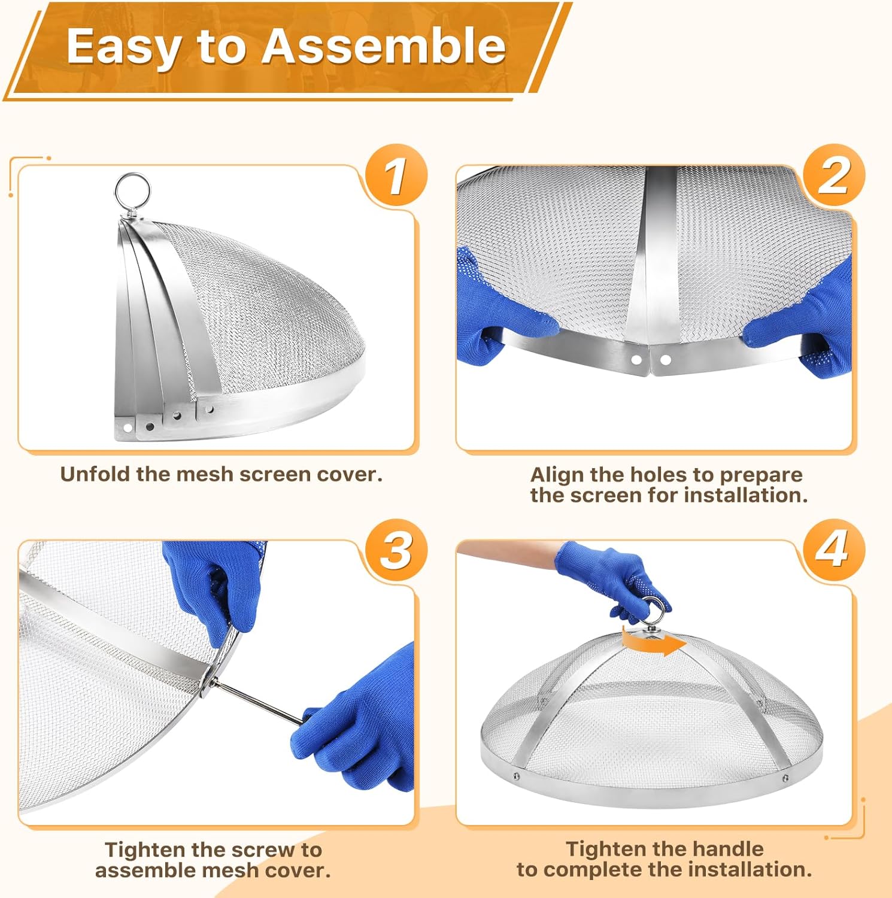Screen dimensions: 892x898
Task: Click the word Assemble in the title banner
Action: pos(384,46)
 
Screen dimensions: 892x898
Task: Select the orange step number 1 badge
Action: pos(396,176)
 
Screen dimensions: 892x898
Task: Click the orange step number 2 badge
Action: pos(834,176)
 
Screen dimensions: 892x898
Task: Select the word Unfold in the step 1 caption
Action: pos(95,474)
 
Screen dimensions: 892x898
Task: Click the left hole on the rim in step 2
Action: pos(636,360)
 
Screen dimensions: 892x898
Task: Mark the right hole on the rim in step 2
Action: pos(665,360)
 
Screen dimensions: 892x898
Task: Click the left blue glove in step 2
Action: pos(500,311)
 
